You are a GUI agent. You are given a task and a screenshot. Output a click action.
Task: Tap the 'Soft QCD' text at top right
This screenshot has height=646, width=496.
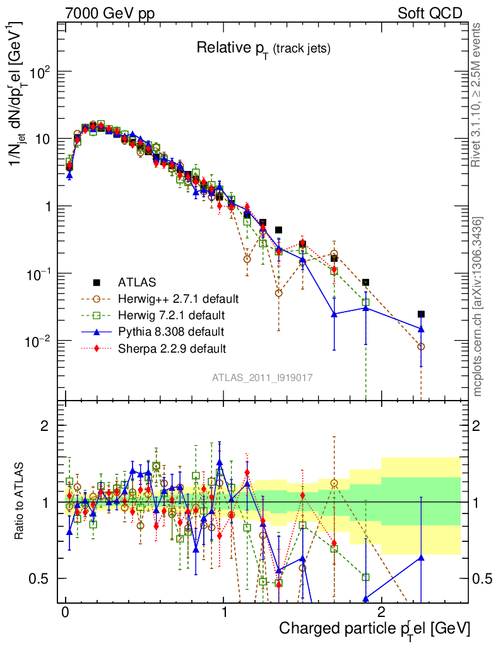[x=430, y=13]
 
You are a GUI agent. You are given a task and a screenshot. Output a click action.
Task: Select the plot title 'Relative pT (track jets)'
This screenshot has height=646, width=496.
[x=263, y=48]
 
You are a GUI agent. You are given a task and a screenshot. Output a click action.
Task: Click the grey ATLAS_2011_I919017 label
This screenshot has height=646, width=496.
[x=263, y=377]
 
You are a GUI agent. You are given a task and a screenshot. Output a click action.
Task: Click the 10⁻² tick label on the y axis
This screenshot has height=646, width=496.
[x=37, y=341]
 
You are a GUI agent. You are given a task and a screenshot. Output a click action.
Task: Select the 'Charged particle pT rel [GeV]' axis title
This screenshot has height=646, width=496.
[x=374, y=628]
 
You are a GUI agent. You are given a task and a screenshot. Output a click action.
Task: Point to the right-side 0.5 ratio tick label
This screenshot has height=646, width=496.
[x=482, y=578]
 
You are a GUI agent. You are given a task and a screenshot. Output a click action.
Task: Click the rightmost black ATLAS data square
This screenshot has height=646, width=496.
[x=421, y=314]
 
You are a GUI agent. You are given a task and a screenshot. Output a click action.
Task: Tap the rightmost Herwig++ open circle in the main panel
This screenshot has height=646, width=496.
[x=421, y=346]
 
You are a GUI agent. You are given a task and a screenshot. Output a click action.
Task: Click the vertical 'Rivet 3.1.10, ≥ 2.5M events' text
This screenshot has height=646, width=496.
[x=477, y=95]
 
